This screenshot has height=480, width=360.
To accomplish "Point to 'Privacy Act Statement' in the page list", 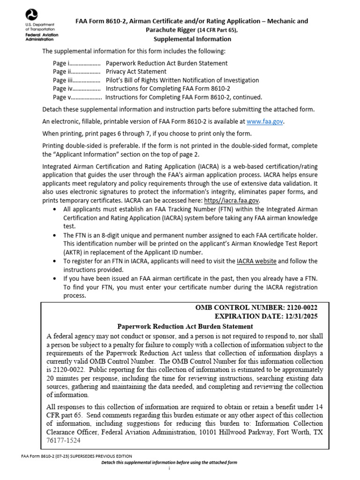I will click(x=136, y=72).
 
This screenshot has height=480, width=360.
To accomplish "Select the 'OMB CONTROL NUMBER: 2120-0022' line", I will click(x=256, y=307).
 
